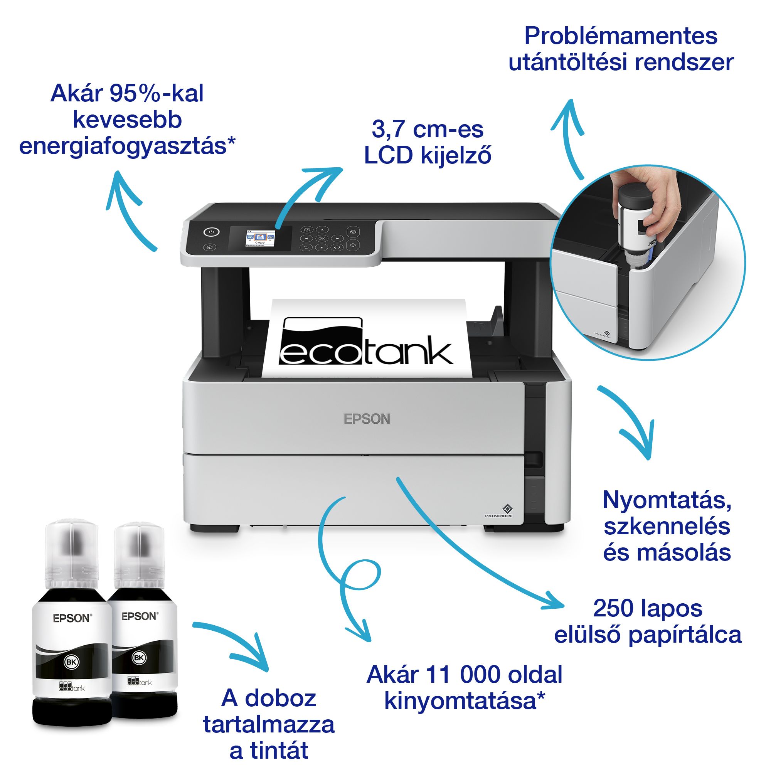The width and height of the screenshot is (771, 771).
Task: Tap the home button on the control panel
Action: pyautogui.click(x=210, y=247)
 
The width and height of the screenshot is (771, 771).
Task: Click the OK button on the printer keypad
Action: pyautogui.click(x=322, y=239)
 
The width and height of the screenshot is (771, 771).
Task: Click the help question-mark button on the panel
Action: pyautogui.click(x=306, y=230)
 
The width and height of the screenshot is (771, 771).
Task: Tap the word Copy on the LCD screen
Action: pyautogui.click(x=260, y=242)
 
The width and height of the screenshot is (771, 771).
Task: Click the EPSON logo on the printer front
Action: pyautogui.click(x=367, y=419)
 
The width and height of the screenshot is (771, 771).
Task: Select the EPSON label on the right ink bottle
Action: pyautogui.click(x=140, y=616)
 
